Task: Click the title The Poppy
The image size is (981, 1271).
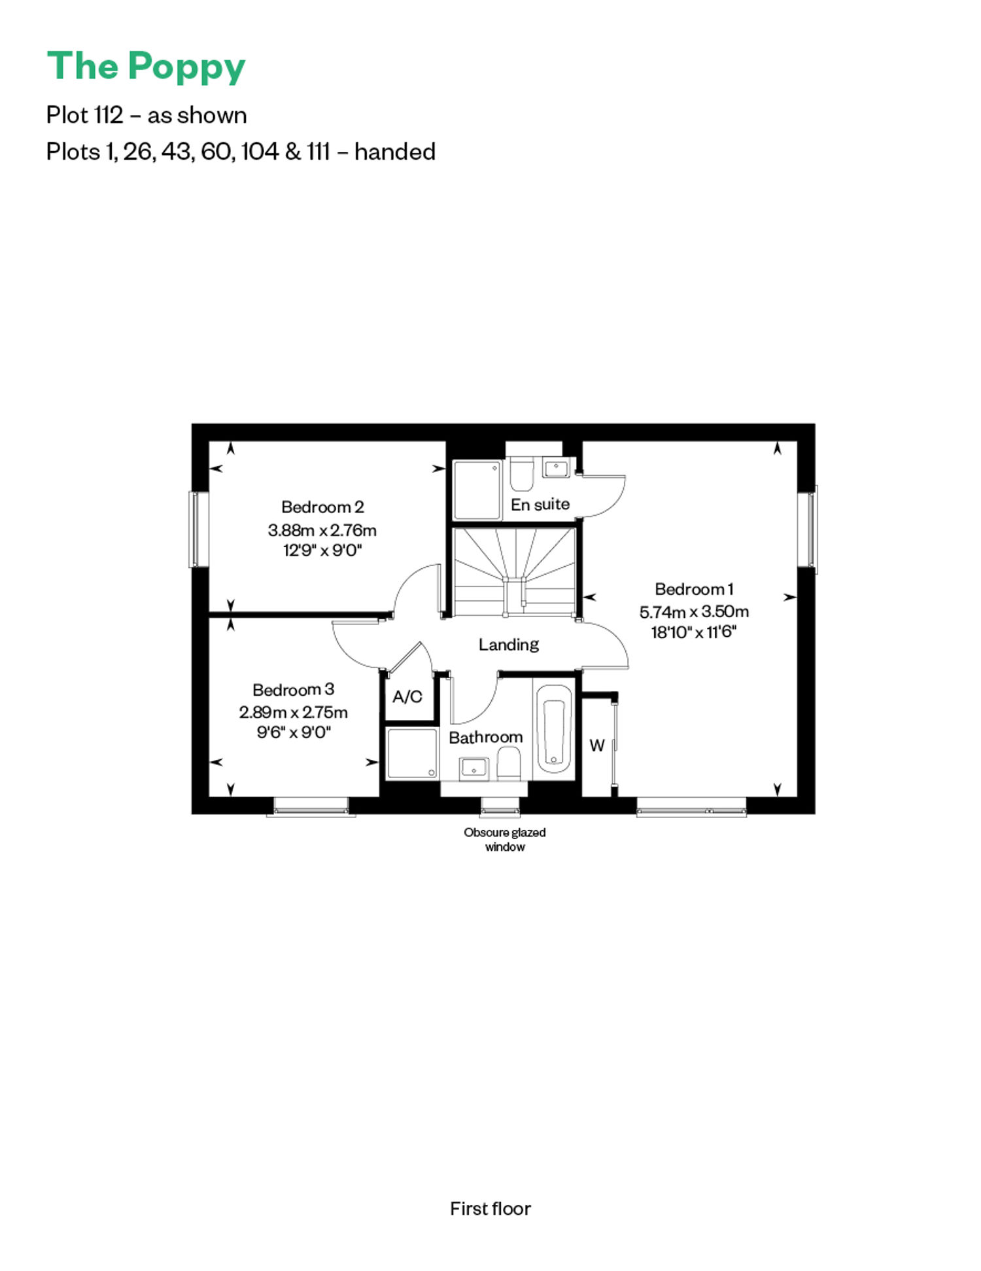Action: [x=146, y=67]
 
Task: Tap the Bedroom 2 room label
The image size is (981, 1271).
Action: [x=322, y=507]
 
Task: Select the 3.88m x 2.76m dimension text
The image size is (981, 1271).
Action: [x=322, y=529]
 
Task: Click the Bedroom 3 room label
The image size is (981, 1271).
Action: [x=293, y=690]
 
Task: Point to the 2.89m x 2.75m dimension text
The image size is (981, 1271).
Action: [x=293, y=712]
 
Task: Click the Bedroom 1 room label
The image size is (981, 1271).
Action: [x=694, y=589]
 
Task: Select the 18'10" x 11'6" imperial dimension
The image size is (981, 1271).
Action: [x=694, y=632]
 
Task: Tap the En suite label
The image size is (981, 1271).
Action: [x=540, y=505]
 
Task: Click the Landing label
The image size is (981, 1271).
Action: [x=509, y=645]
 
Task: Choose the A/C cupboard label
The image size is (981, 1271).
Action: [x=407, y=697]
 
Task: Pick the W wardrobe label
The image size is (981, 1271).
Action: [x=597, y=745]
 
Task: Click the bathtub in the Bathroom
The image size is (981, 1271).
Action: [x=554, y=732]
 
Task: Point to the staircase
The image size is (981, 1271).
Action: [x=515, y=572]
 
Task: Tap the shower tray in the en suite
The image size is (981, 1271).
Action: [x=477, y=490]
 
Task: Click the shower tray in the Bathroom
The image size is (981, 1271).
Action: [x=412, y=753]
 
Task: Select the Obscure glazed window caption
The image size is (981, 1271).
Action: [x=505, y=840]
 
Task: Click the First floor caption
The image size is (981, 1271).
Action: [x=490, y=1209]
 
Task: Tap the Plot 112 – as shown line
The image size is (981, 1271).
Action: [x=146, y=116]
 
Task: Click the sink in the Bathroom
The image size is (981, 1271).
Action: [x=474, y=767]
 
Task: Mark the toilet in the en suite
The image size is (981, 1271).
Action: [x=521, y=475]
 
